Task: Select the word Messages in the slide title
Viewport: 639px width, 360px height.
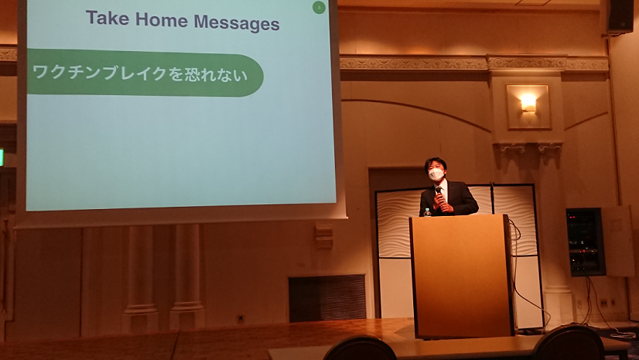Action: tap(237, 23)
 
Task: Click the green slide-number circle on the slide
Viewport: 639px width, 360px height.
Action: tap(319, 7)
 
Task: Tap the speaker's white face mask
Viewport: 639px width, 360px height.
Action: tap(436, 174)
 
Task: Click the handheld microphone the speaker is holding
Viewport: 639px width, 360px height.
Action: tap(439, 194)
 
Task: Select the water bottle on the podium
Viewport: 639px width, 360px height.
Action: tap(427, 212)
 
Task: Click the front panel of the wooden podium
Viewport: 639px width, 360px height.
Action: tap(460, 276)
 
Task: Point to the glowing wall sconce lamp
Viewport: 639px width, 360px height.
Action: tap(528, 103)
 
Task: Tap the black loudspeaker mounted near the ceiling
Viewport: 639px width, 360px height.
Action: tap(621, 16)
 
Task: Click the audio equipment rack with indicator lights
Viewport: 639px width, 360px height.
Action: tap(585, 242)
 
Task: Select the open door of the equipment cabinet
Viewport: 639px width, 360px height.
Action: tap(618, 242)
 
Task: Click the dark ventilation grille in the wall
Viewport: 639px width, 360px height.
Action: tap(327, 297)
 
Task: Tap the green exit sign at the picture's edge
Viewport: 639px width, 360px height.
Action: tap(2, 157)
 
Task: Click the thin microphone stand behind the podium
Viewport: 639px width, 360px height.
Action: tap(492, 198)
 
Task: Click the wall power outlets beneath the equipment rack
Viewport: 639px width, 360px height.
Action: tap(607, 303)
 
